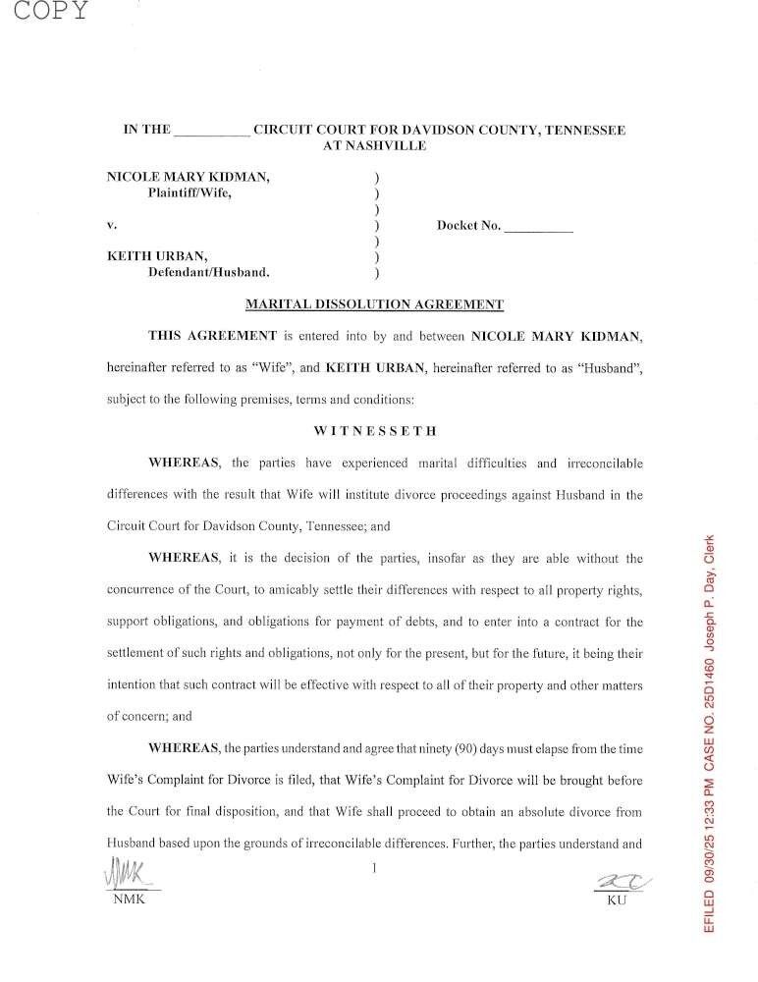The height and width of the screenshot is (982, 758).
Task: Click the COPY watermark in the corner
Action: point(46,12)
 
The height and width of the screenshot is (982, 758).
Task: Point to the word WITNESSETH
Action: point(375,430)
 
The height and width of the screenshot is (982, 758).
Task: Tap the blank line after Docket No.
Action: point(538,228)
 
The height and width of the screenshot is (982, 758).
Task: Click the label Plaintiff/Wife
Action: point(190,192)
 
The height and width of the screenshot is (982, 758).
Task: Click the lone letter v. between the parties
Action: point(111,225)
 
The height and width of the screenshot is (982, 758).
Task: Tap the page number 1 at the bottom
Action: point(374,867)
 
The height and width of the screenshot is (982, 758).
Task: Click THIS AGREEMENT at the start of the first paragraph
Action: point(212,336)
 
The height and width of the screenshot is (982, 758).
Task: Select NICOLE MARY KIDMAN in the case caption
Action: point(188,177)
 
